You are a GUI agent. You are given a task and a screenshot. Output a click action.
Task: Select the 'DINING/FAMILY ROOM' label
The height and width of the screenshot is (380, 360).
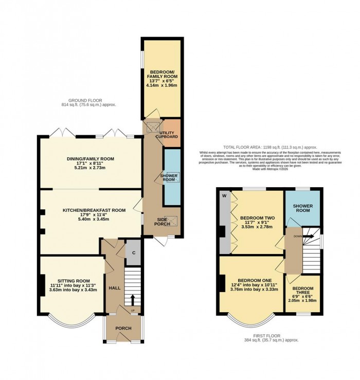[91, 159]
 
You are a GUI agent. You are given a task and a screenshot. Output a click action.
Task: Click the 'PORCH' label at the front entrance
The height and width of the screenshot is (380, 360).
[123, 329]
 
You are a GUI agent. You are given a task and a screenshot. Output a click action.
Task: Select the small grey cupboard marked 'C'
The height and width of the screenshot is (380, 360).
[133, 252]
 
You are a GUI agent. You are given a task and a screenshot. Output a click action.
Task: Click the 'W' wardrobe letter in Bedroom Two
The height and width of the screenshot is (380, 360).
[224, 195]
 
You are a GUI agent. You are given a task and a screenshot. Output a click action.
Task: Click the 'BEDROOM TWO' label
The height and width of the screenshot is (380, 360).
[258, 218]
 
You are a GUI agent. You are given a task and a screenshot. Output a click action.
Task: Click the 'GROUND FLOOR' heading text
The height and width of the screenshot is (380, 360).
[88, 100]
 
